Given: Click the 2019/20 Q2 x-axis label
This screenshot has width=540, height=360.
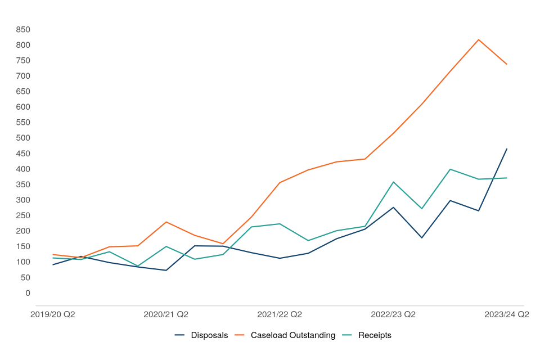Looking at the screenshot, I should click(52, 315).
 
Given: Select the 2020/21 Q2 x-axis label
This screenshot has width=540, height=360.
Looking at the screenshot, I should click(166, 315).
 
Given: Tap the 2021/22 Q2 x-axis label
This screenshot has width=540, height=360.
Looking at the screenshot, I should click(280, 315).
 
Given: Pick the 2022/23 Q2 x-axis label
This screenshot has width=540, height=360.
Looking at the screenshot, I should click(393, 315).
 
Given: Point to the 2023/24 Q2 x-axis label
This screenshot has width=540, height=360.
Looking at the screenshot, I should click(507, 315).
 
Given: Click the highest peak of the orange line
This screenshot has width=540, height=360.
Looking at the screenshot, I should click(478, 39).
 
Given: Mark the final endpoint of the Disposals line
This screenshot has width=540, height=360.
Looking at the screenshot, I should click(507, 148).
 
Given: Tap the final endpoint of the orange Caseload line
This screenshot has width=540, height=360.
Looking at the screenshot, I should click(507, 64).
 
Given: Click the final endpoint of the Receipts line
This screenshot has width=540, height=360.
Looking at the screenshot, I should click(507, 178).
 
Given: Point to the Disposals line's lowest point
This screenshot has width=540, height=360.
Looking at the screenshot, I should click(166, 270).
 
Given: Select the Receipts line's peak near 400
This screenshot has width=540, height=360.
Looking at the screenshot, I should click(450, 169).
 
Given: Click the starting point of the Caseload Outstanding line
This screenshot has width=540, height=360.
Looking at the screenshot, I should click(52, 254).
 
